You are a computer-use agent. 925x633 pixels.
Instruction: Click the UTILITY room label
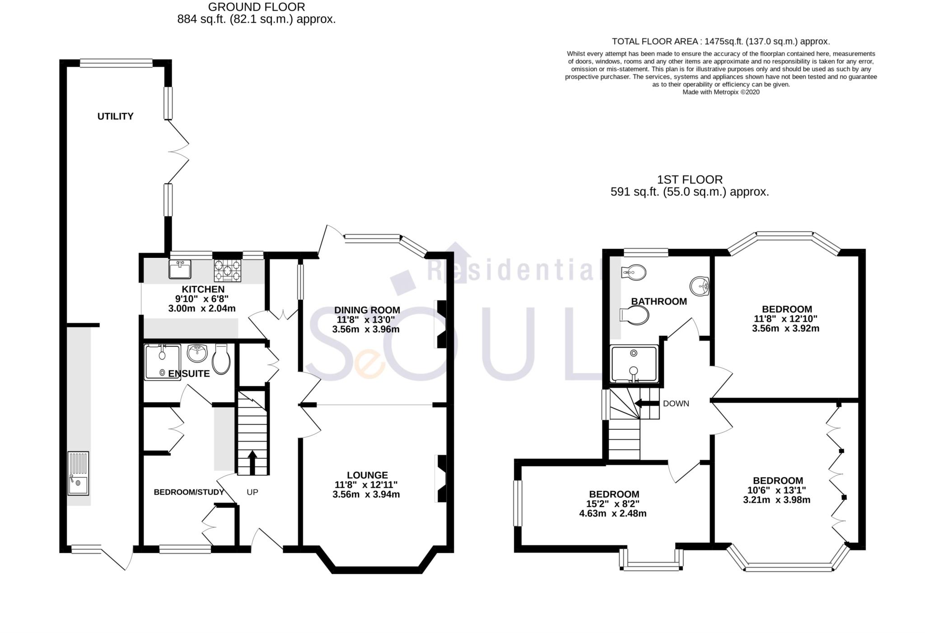click(x=115, y=116)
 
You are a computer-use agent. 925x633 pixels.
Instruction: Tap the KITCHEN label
click(x=203, y=289)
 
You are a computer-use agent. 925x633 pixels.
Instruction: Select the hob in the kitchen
click(x=227, y=270)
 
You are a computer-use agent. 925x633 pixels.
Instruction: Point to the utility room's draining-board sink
click(x=79, y=473)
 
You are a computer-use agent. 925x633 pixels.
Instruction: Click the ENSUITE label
click(x=189, y=374)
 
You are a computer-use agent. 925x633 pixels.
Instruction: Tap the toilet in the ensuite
click(x=221, y=360)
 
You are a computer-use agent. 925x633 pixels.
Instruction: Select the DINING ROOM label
click(x=367, y=310)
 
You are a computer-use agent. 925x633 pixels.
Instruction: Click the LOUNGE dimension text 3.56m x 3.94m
click(x=366, y=494)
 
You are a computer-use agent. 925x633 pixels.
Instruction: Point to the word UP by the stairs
click(x=252, y=492)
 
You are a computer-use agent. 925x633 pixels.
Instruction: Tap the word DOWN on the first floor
click(x=676, y=404)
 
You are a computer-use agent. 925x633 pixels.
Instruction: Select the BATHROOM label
click(x=659, y=302)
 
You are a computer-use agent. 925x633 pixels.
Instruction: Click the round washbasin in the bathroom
click(x=700, y=285)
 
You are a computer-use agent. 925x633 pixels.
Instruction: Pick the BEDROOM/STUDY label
click(x=189, y=492)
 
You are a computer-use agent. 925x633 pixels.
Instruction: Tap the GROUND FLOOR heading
click(x=256, y=7)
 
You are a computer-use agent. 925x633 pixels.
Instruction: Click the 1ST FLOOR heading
click(x=690, y=180)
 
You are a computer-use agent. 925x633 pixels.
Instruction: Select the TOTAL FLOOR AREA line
click(x=720, y=42)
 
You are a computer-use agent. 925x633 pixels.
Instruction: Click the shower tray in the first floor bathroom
click(x=633, y=364)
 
